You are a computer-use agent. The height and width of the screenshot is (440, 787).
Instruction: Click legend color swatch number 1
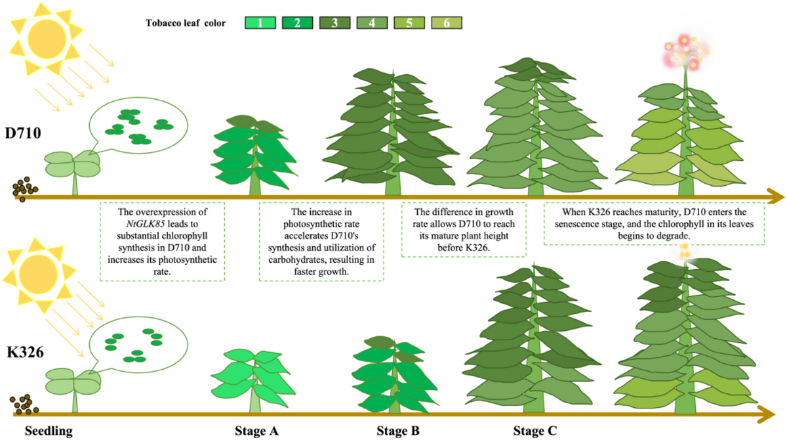pos(260,23)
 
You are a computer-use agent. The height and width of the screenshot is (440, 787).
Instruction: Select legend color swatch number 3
pos(335,23)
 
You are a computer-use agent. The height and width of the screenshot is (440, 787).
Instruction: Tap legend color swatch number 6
pos(447,23)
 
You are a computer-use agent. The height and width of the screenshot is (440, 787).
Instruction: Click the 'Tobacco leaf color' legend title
pos(186,23)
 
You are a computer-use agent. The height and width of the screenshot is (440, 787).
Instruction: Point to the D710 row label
pos(23,133)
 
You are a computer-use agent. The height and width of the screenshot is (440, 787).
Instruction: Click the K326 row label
pos(25,352)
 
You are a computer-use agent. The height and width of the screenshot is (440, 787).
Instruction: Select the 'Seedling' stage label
pos(49,431)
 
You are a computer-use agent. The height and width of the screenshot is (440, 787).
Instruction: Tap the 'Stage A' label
pos(256,431)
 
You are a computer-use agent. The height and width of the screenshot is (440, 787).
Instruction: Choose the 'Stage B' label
pos(398,431)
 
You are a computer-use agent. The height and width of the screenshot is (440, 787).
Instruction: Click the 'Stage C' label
pos(535,431)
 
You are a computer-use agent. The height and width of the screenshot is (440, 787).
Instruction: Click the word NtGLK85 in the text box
pos(145,224)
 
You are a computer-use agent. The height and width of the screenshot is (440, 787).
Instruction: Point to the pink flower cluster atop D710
pos(685,53)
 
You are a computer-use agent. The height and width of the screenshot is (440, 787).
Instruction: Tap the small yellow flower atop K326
pos(684,252)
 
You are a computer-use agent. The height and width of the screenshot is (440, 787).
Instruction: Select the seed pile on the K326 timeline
pos(24,405)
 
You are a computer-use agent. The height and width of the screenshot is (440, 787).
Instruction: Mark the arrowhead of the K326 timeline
pos(767,414)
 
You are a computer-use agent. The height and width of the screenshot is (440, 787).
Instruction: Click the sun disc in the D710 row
pos(47,39)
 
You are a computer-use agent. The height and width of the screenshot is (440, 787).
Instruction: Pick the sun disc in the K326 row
pos(38,275)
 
